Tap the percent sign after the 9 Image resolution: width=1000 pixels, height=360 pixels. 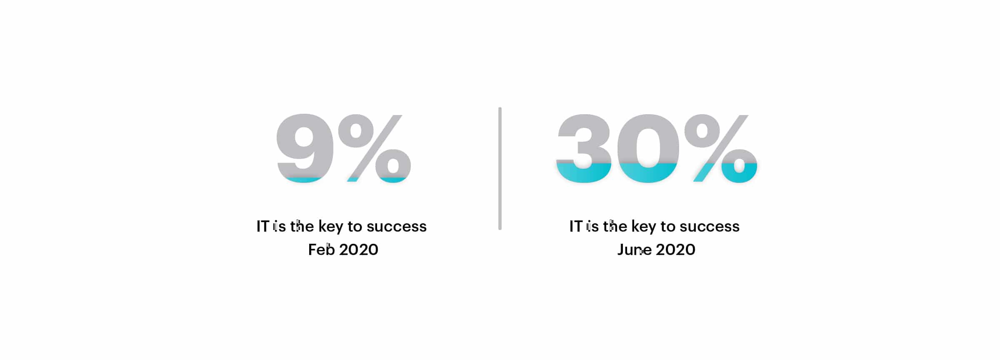(x=374, y=148)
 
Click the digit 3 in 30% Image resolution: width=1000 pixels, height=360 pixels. (x=584, y=148)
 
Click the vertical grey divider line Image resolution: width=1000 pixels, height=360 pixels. (x=500, y=168)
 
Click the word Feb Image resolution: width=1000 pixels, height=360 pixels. (x=321, y=250)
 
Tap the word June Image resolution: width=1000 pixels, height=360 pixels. (x=635, y=250)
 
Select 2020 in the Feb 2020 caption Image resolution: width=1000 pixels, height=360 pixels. (x=359, y=250)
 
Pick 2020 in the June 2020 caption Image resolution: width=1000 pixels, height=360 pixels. (x=675, y=250)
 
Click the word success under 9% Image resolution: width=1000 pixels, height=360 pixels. (x=397, y=227)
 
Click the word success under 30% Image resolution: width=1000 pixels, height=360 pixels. (x=710, y=227)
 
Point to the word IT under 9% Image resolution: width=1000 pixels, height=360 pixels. (x=263, y=226)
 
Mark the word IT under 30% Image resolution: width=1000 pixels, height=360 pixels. (x=576, y=226)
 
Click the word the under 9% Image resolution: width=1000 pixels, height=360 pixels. (x=302, y=226)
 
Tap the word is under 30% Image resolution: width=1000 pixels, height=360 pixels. (x=592, y=226)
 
